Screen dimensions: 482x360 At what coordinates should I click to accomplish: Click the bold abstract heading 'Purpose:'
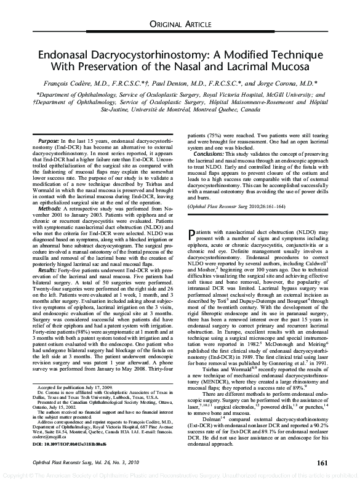[53, 141]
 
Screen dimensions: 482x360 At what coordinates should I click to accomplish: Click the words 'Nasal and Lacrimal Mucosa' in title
[242, 66]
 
